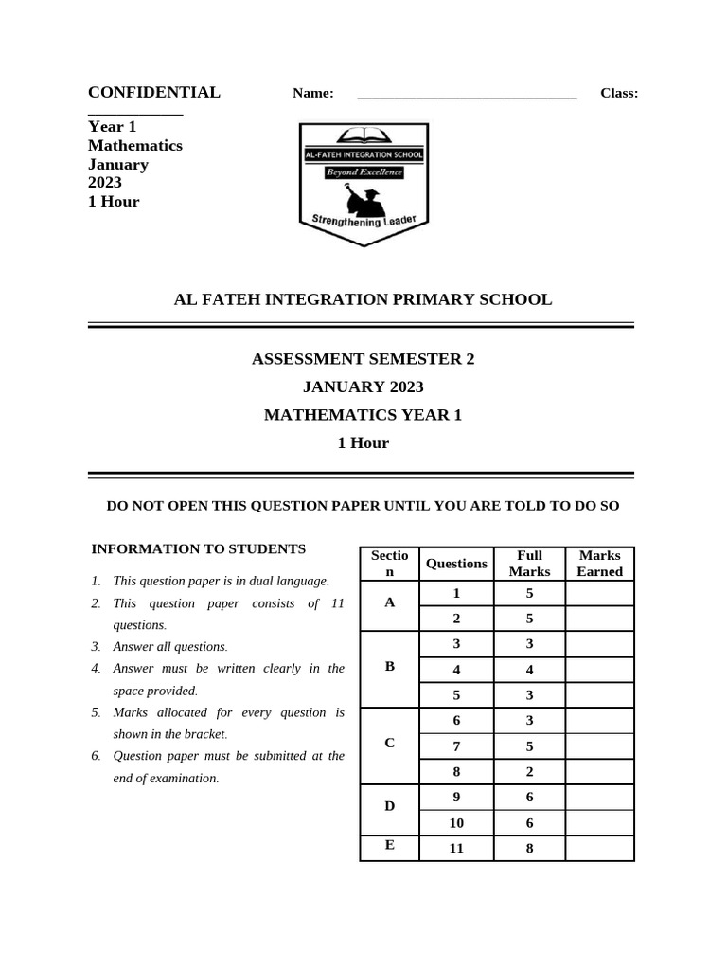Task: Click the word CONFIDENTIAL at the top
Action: [153, 92]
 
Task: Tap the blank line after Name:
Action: [467, 94]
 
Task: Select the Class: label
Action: [619, 93]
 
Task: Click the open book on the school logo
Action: [363, 135]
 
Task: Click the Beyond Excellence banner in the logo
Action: [363, 172]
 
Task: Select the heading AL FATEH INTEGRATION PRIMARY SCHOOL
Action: [363, 299]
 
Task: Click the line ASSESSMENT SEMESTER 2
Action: [363, 359]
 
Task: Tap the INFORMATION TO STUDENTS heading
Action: [198, 548]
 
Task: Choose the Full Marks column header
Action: [529, 563]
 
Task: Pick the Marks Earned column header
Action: [599, 563]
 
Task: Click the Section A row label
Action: [389, 602]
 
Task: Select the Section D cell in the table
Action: [389, 806]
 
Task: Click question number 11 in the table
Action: [456, 848]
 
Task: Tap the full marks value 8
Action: [529, 848]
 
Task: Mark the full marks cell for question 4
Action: [529, 670]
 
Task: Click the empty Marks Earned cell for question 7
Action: [599, 746]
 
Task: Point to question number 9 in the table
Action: [456, 797]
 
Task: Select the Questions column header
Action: [456, 563]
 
